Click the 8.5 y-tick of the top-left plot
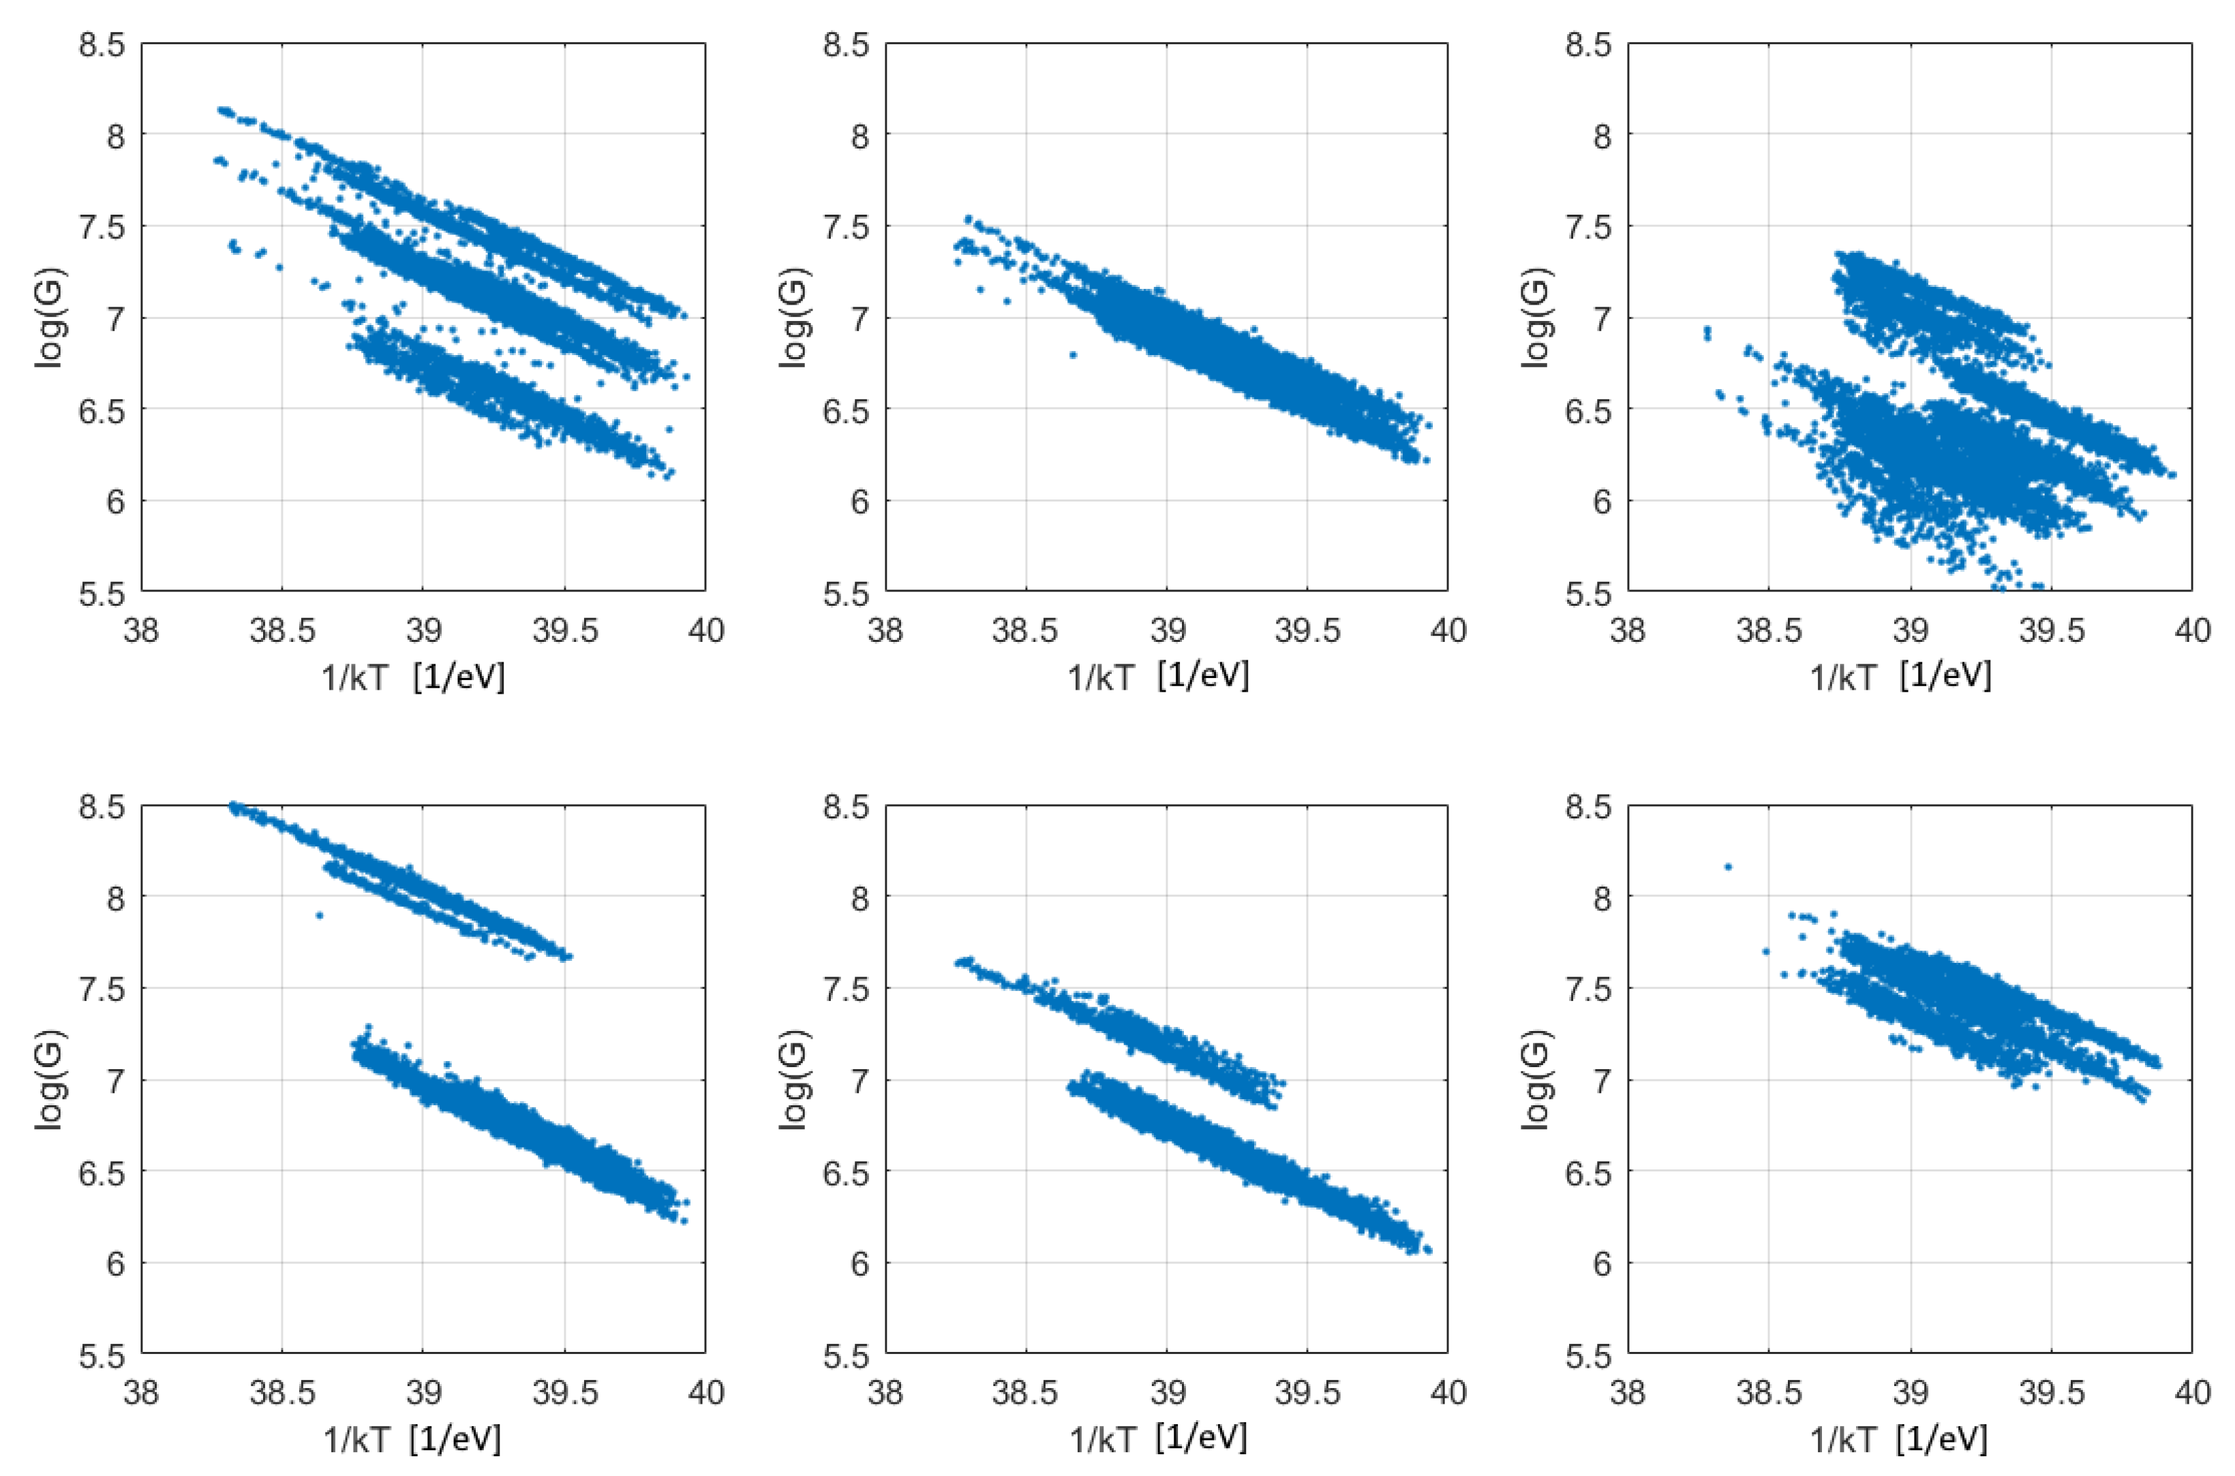[102, 44]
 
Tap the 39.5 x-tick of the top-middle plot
[1308, 630]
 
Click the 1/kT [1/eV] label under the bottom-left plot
[412, 1439]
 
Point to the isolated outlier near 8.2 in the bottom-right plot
[1728, 866]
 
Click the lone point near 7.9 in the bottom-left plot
[319, 914]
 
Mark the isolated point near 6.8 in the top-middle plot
[1072, 355]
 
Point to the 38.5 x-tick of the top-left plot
[282, 630]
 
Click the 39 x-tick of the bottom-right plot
[1910, 1392]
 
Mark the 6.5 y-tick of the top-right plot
[1588, 410]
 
